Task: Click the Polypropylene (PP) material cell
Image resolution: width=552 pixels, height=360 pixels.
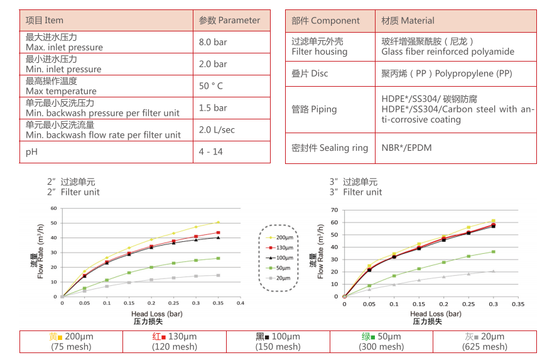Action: click(446, 74)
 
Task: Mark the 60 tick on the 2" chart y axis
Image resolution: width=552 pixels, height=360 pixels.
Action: click(54, 208)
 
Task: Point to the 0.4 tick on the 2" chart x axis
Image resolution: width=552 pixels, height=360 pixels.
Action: click(241, 303)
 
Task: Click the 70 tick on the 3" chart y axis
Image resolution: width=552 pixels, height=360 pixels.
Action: click(335, 210)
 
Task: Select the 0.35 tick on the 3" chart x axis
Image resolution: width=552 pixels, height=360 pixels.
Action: click(517, 303)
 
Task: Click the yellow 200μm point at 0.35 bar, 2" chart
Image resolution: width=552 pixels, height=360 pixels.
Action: click(218, 222)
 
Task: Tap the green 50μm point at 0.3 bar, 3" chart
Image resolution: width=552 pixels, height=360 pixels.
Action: click(493, 252)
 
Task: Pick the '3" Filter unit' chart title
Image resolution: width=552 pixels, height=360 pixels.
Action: click(355, 192)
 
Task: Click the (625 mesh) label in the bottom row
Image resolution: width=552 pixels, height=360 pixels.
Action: click(484, 347)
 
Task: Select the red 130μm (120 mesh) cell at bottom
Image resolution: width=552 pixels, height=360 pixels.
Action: click(175, 341)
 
